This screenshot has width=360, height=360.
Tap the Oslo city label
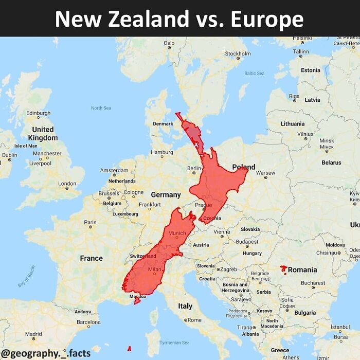click(169, 43)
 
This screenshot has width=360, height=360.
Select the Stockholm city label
click(238, 53)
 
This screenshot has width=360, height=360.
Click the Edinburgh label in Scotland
click(38, 113)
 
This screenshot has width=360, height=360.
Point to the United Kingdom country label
click(43, 134)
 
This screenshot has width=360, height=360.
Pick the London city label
click(67, 184)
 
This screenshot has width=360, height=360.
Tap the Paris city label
click(90, 223)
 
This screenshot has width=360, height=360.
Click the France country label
click(91, 258)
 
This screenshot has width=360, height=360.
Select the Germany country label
click(166, 195)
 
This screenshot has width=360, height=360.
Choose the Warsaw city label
click(265, 173)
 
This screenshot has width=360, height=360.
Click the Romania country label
click(302, 269)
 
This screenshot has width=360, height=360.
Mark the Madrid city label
click(33, 334)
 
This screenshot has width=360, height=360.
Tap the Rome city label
click(194, 320)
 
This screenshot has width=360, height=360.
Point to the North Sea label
click(101, 108)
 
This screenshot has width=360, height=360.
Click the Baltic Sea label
click(255, 74)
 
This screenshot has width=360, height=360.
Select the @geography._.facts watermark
click(46, 353)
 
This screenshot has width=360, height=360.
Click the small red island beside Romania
click(283, 269)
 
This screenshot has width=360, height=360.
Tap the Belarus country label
click(331, 163)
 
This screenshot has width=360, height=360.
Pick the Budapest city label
click(247, 242)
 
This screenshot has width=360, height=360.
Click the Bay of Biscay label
click(27, 276)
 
